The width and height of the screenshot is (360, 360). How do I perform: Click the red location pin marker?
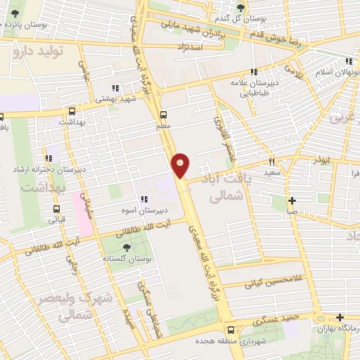181,165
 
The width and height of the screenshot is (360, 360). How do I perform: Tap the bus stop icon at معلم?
164,115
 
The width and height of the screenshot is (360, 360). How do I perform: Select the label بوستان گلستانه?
126,258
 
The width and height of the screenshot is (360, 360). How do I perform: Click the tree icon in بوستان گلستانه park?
126,247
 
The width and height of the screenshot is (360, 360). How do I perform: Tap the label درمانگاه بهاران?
337,328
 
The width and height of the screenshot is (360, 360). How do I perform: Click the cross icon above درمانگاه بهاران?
340,317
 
